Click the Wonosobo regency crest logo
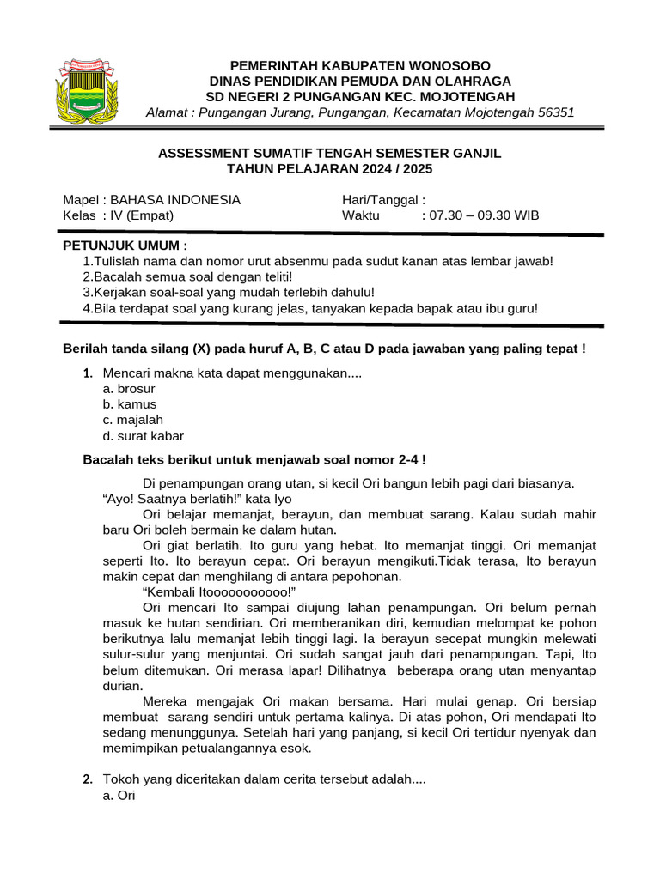point(88,90)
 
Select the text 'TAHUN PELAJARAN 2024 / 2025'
point(329,169)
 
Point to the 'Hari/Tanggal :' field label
point(383,200)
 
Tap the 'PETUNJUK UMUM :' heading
point(125,246)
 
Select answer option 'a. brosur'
point(128,389)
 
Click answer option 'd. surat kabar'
point(143,436)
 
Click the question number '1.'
point(88,373)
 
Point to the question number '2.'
point(88,780)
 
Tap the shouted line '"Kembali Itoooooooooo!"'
point(219,592)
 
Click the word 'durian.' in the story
point(123,686)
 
